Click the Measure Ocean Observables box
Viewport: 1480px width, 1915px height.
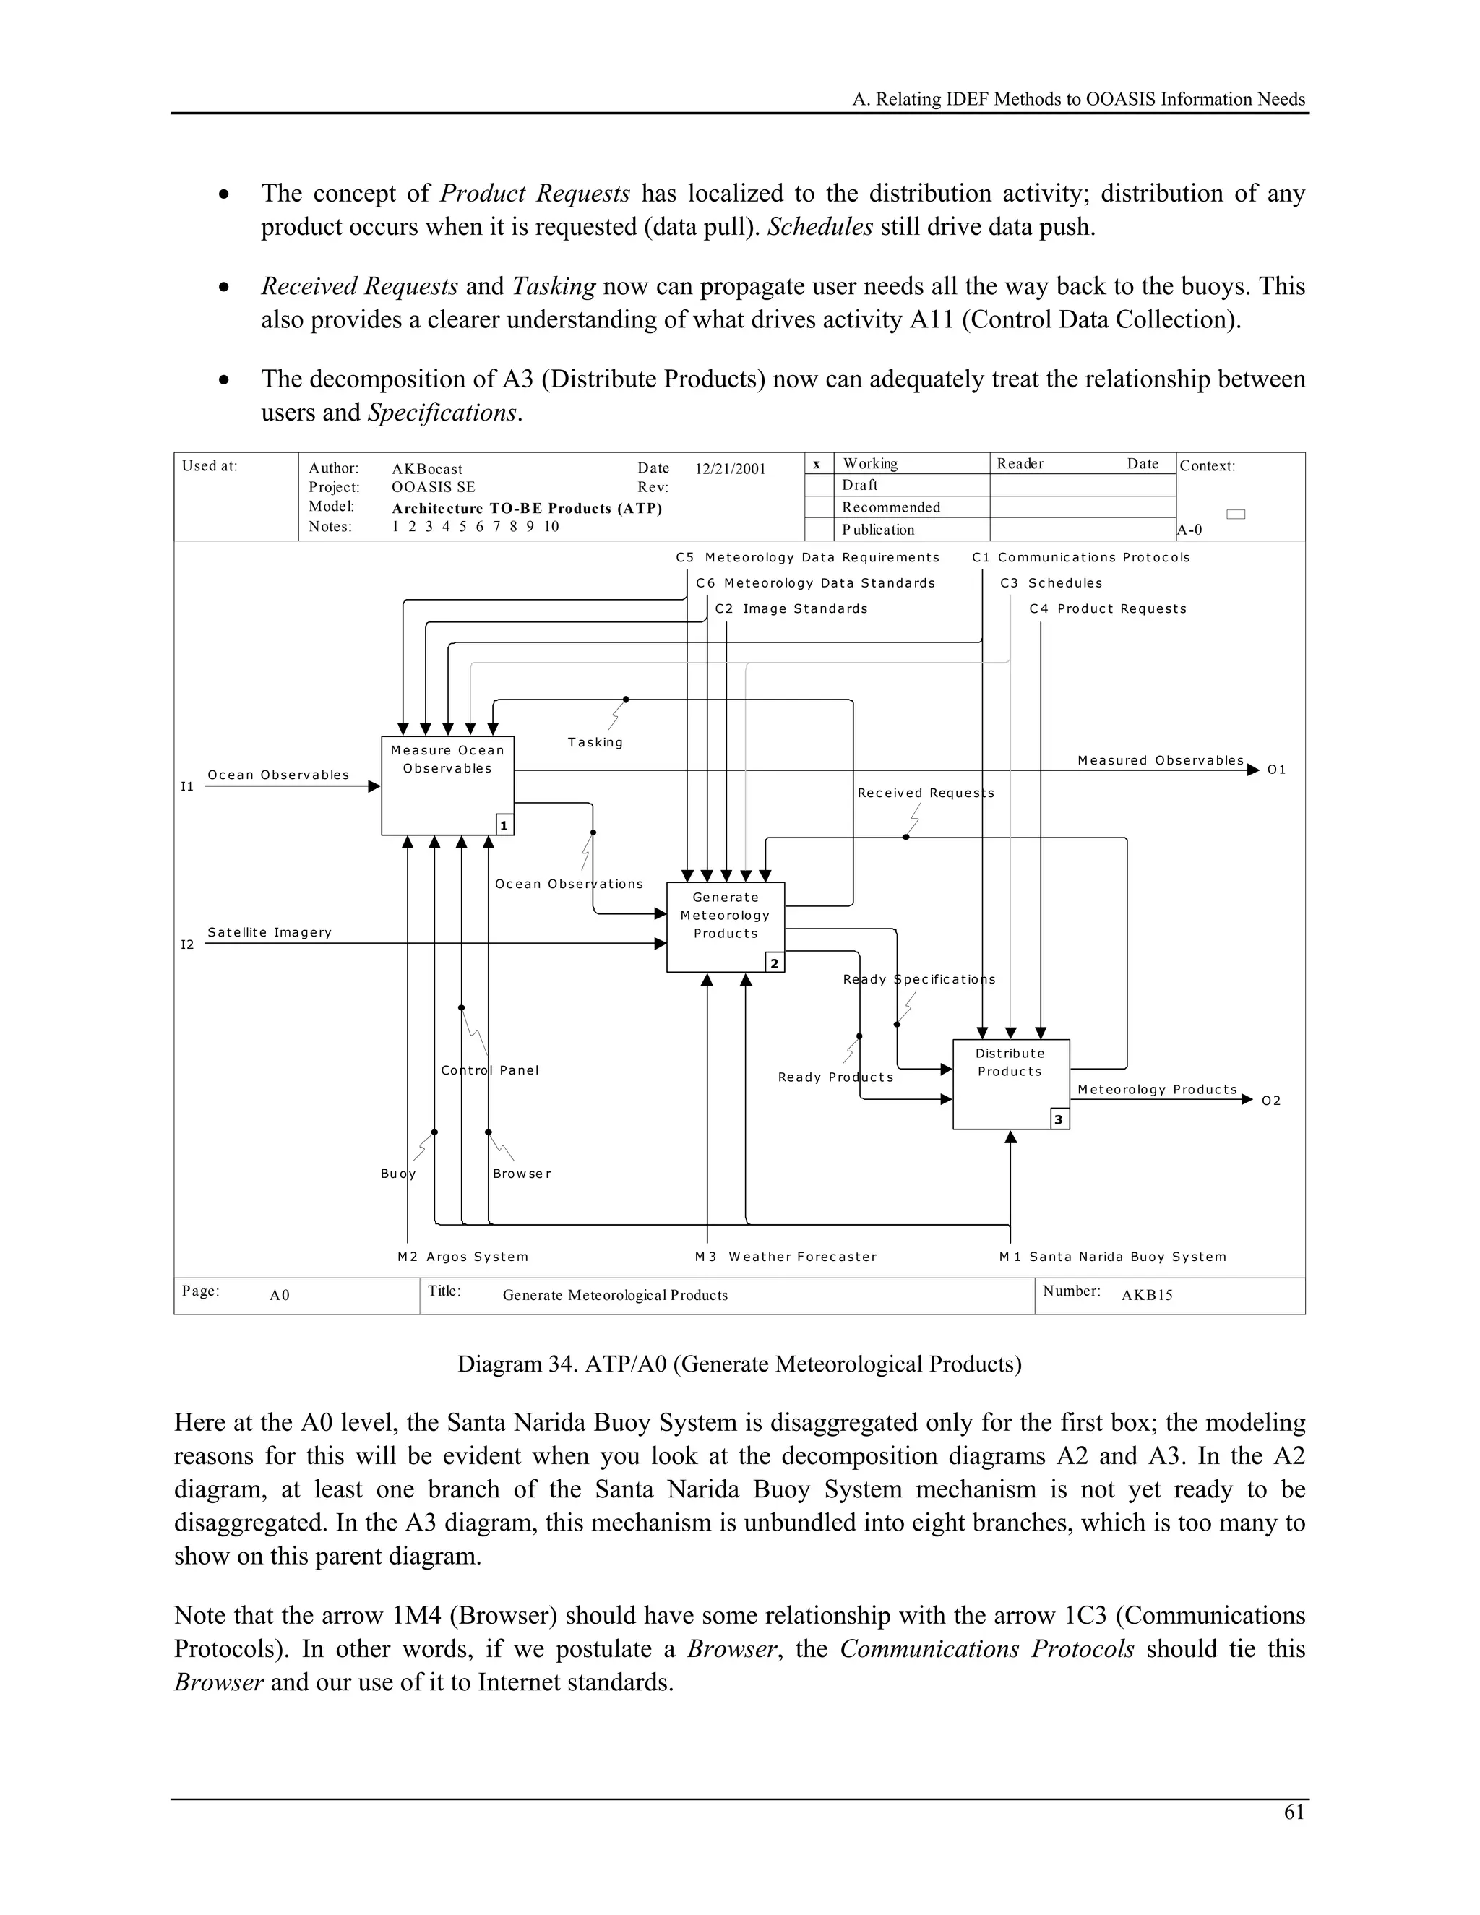point(447,785)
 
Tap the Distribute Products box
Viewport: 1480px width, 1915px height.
point(1010,1084)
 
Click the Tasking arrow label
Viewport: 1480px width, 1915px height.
point(595,743)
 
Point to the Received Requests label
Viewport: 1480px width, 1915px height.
point(925,793)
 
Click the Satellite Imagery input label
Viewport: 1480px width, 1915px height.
point(269,932)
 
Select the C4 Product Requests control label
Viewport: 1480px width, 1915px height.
point(1107,608)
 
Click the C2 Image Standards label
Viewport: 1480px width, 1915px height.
point(791,608)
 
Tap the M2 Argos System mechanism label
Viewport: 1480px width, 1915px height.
point(463,1257)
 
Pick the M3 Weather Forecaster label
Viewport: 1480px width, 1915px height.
point(786,1257)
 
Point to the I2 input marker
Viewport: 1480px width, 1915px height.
point(186,944)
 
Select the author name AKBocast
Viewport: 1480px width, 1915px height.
point(427,469)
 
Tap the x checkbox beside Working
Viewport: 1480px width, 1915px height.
point(817,464)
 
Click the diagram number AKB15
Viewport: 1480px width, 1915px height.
point(1146,1295)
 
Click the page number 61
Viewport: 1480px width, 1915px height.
point(1294,1812)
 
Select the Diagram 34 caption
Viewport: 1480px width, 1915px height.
point(739,1364)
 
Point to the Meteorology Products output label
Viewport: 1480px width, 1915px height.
point(1156,1089)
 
